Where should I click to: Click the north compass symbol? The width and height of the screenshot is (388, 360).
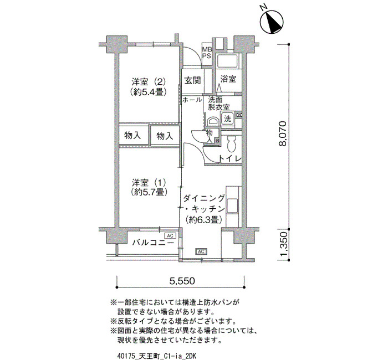[x=273, y=22]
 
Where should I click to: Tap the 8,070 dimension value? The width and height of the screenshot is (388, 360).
[x=283, y=134]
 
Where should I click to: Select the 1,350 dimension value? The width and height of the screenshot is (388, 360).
[x=283, y=244]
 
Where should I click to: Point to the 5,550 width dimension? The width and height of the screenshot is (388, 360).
[x=182, y=281]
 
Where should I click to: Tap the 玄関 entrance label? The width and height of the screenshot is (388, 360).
[x=192, y=80]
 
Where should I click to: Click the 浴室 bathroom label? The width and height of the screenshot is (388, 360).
[x=228, y=79]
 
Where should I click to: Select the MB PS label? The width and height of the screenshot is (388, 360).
[x=207, y=53]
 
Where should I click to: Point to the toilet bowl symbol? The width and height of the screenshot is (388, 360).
[x=232, y=144]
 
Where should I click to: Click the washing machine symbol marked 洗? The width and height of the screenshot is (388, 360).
[x=227, y=119]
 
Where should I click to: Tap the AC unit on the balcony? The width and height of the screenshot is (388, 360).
[x=170, y=235]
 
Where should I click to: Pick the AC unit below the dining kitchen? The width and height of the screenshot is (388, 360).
[x=201, y=251]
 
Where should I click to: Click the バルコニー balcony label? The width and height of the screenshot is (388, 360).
[x=152, y=243]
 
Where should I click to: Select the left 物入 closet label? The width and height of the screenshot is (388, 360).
[x=132, y=135]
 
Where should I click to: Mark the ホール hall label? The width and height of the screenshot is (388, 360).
[x=192, y=100]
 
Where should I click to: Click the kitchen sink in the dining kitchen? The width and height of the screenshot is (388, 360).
[x=232, y=205]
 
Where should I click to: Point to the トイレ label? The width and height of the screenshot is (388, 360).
[x=229, y=158]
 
